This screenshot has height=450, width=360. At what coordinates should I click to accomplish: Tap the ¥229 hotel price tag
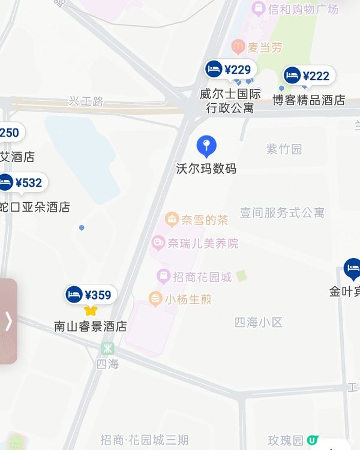[230, 70]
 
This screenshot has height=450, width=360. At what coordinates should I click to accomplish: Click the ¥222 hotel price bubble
[309, 76]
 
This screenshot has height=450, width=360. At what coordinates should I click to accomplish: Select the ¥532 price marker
[23, 182]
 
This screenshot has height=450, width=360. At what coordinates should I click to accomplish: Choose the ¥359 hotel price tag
[91, 295]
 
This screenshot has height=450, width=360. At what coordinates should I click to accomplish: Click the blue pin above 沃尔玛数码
[206, 146]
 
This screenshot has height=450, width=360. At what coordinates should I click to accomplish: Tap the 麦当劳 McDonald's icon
[238, 47]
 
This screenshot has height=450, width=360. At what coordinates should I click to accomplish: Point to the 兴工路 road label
[86, 101]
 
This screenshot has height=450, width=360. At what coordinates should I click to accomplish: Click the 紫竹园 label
[284, 149]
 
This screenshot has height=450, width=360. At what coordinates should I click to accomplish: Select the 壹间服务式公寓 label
[282, 212]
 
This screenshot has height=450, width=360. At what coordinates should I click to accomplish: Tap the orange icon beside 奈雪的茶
[172, 220]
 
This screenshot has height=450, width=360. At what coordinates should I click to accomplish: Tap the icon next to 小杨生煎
[155, 298]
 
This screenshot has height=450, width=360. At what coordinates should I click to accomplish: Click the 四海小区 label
[258, 322]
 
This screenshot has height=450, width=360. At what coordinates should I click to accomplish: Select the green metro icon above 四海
[107, 348]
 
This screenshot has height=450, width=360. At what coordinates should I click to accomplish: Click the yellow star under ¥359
[91, 310]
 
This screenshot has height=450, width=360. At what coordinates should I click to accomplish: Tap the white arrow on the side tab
[8, 321]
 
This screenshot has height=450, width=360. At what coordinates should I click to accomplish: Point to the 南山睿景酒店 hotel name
[91, 327]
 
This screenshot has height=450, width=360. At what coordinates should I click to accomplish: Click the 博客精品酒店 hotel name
[309, 100]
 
